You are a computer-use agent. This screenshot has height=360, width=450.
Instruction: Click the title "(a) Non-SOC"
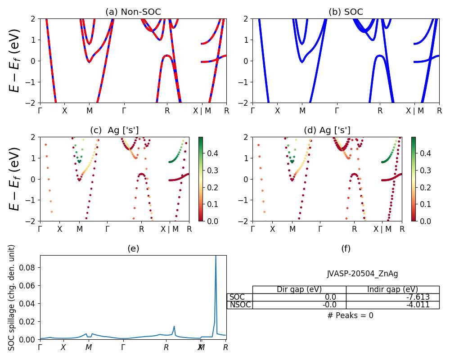[x=133, y=12]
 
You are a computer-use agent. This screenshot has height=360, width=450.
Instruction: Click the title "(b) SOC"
[x=346, y=12]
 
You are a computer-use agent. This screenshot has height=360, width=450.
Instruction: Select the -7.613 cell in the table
[x=392, y=297]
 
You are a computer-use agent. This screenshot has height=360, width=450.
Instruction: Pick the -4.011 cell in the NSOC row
[x=392, y=305]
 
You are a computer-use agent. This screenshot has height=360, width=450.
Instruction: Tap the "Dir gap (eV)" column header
[x=299, y=289]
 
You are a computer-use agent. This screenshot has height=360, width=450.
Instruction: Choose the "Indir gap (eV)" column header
[x=392, y=289]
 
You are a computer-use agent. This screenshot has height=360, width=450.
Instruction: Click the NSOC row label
[x=240, y=305]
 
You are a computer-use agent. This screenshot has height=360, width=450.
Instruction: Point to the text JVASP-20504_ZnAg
[x=362, y=274]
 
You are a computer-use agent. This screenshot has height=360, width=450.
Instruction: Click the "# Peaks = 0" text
[x=350, y=315]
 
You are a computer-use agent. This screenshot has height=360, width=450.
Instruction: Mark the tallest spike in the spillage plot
[x=216, y=256]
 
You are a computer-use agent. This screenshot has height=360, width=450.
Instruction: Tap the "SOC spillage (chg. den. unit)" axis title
[x=12, y=297]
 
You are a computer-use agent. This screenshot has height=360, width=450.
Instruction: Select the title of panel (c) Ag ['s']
[x=114, y=130]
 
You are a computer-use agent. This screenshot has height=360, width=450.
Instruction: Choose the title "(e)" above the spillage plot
[x=133, y=248]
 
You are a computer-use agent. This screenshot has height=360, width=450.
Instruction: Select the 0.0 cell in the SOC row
[x=299, y=297]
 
